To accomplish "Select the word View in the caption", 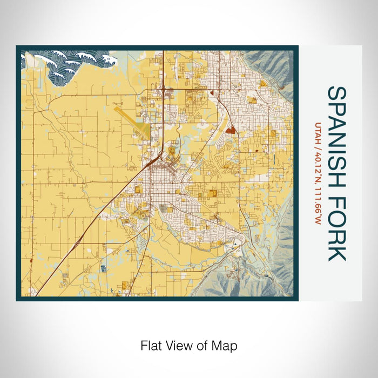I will (x=175, y=345).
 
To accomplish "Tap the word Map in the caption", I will (x=226, y=345).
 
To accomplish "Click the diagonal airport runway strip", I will (x=128, y=116).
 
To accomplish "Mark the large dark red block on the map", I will (x=231, y=130).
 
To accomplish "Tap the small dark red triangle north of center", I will (x=213, y=93).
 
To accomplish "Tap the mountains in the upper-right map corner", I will (x=273, y=65).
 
